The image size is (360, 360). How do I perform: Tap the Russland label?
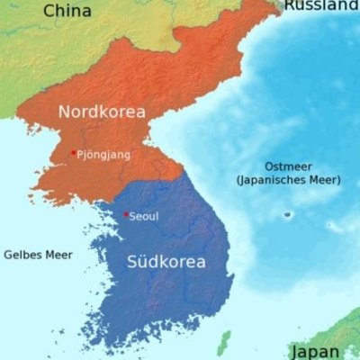(x=321, y=5)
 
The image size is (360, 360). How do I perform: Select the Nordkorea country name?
(x=102, y=112)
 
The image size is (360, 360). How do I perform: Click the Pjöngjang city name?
(x=104, y=155)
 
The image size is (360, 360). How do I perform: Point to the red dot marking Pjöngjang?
(x=73, y=152)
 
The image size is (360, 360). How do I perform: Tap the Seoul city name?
(x=144, y=217)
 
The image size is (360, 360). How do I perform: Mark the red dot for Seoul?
(x=125, y=213)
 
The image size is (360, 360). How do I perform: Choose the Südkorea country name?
(x=166, y=263)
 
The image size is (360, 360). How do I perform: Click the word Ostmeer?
(x=287, y=166)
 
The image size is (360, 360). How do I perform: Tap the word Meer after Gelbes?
(x=58, y=255)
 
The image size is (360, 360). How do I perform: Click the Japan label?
(x=315, y=351)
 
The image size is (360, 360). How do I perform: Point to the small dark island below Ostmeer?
(x=288, y=214)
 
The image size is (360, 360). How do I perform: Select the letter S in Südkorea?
(x=131, y=263)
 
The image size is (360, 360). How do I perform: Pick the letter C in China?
(x=49, y=11)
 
